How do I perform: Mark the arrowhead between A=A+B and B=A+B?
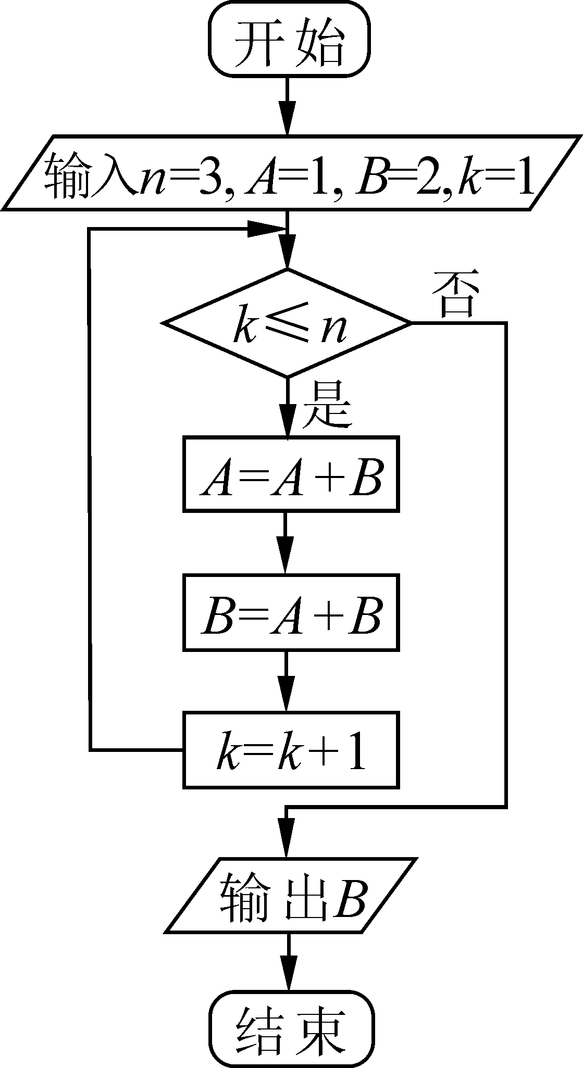point(287,560)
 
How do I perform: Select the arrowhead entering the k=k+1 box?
point(287,698)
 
